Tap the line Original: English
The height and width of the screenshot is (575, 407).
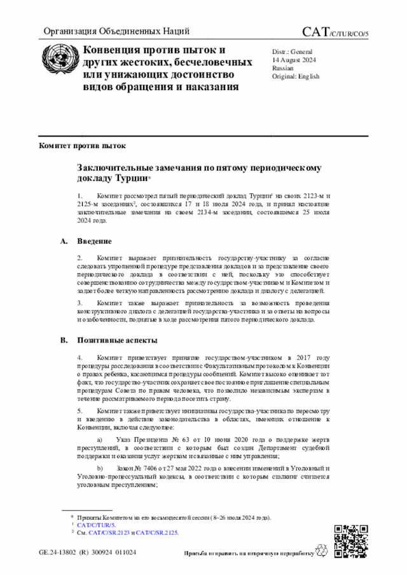(296, 76)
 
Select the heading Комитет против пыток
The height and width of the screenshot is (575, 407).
(78, 145)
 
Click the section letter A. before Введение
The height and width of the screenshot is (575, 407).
(64, 241)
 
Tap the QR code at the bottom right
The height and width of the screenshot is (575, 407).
(350, 539)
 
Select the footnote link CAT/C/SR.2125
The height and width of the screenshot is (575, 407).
(157, 532)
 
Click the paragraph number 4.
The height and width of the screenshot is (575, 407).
(79, 358)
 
